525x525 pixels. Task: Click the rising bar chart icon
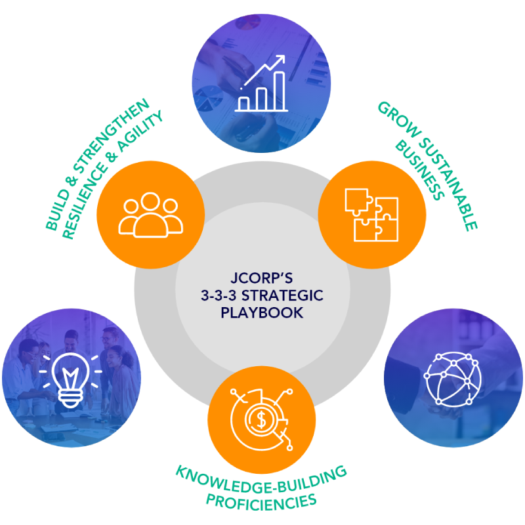pyautogui.click(x=262, y=83)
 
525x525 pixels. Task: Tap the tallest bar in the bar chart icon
pyautogui.click(x=279, y=91)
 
